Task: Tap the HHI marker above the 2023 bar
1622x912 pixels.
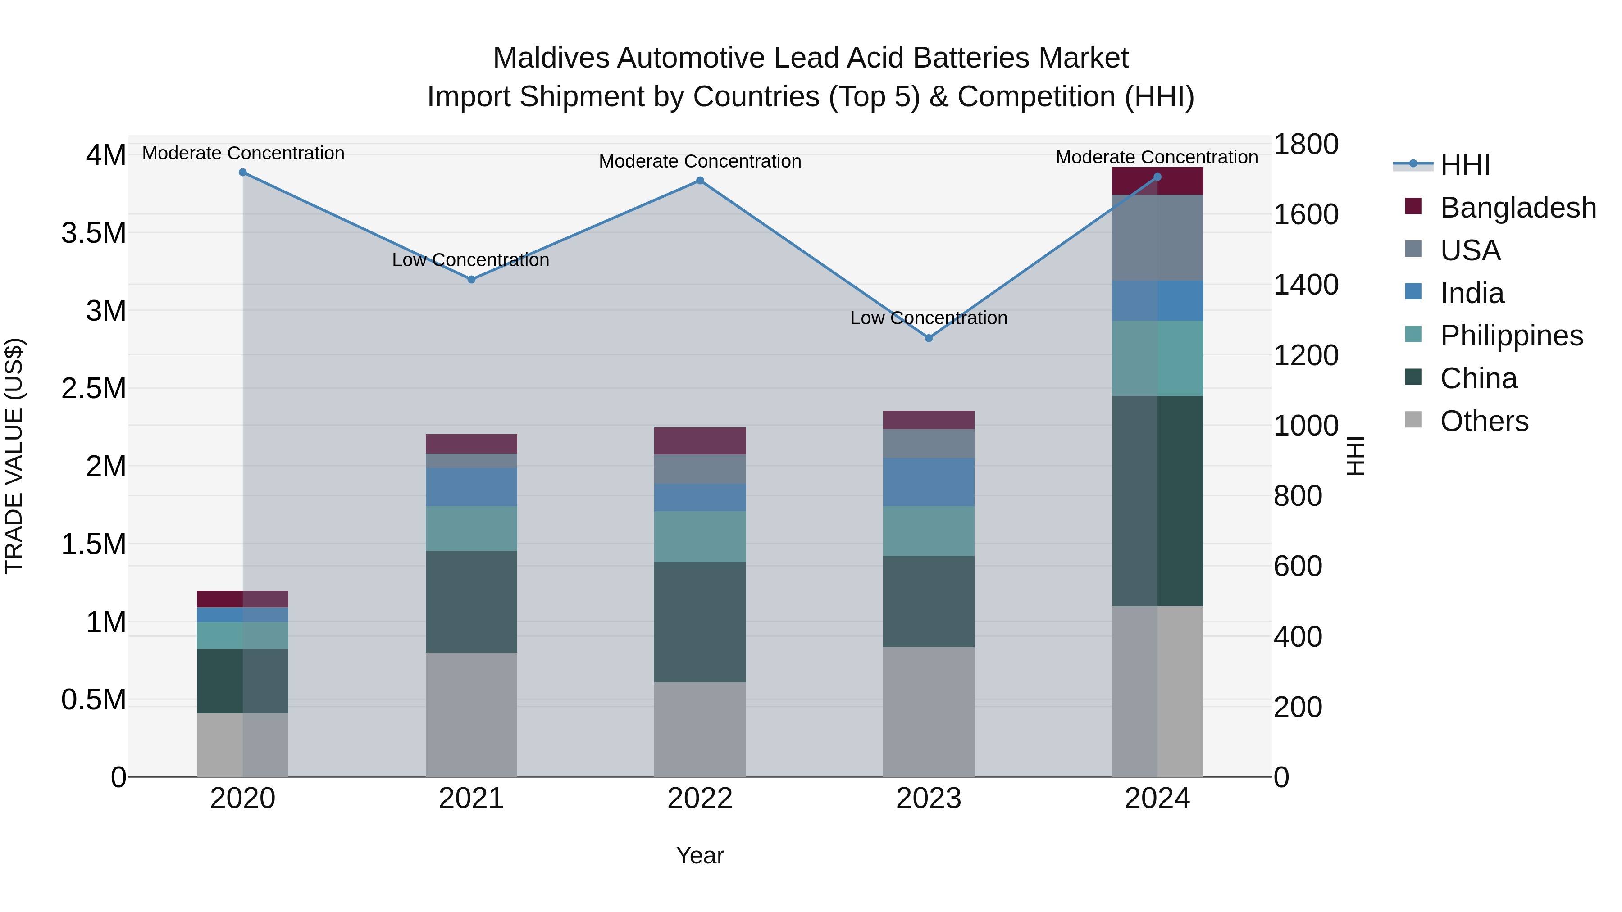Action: (928, 338)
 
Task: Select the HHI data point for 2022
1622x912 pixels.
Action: (700, 181)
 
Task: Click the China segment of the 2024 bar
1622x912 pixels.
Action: (1157, 500)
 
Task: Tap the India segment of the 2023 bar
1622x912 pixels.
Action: (928, 482)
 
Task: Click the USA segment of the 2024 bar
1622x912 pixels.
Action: (1157, 237)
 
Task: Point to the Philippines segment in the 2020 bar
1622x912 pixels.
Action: (242, 635)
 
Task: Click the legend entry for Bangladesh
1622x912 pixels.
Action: (1517, 207)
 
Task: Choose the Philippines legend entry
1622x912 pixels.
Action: (1511, 336)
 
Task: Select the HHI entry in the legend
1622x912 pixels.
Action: (1465, 165)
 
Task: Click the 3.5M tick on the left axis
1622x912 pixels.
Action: (94, 233)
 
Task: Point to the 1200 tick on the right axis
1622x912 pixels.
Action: (1306, 356)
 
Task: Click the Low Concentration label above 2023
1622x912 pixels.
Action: (928, 318)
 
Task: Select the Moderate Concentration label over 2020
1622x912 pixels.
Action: (243, 153)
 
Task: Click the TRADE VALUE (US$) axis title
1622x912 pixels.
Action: (14, 456)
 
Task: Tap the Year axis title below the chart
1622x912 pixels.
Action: (700, 855)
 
